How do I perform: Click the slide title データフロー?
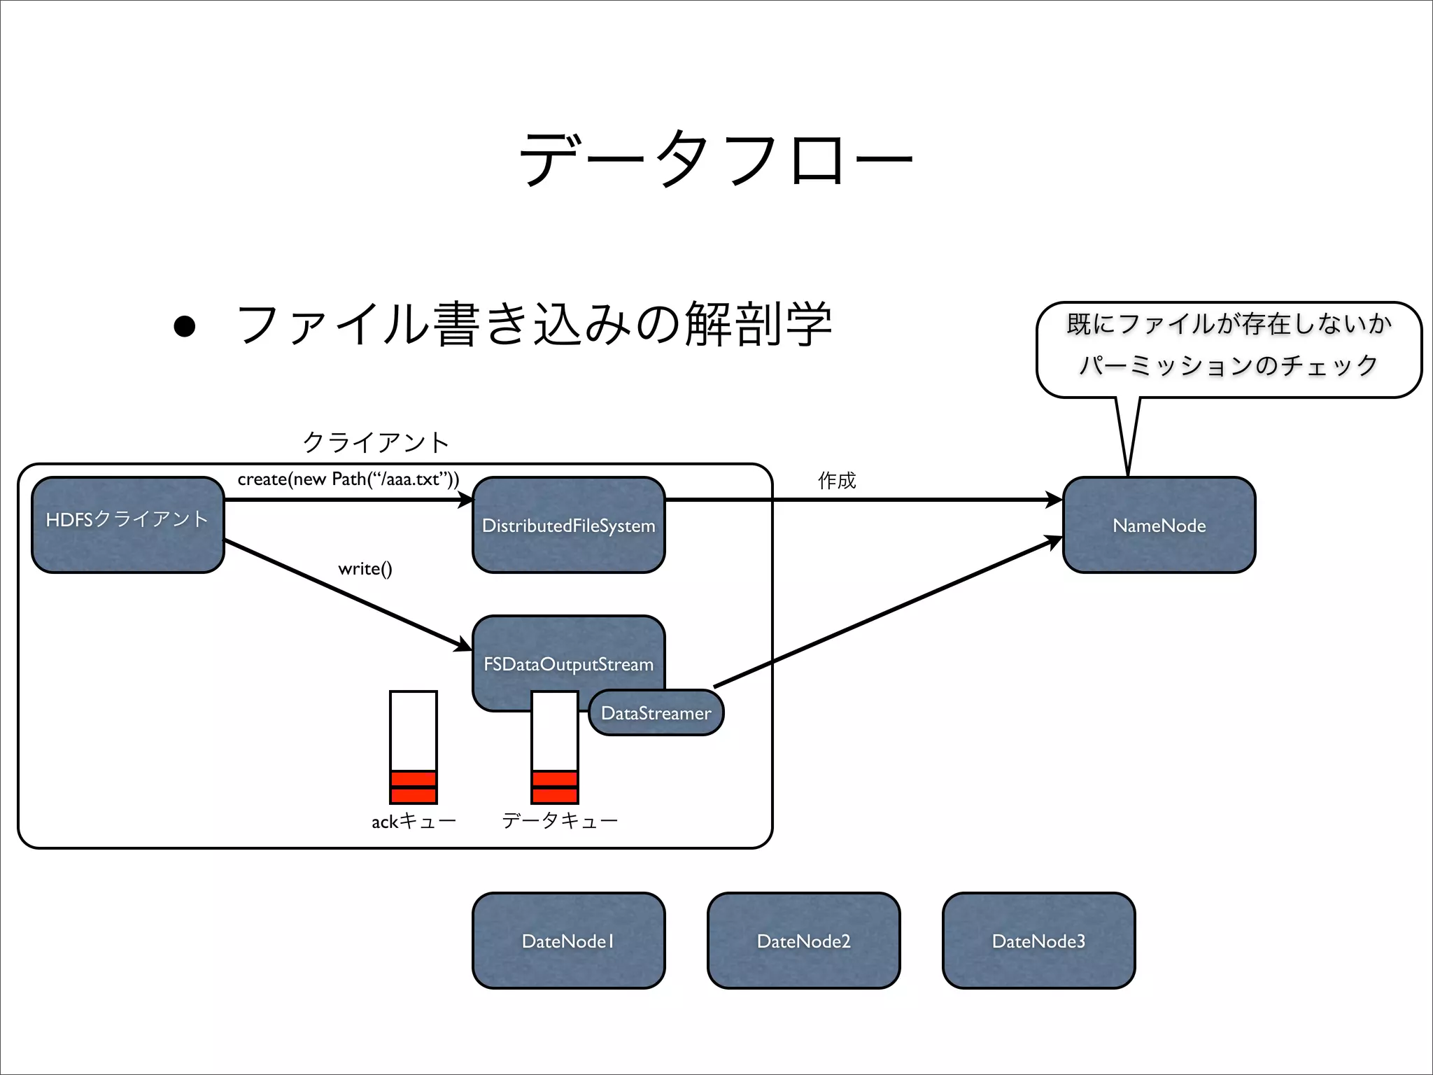tap(715, 159)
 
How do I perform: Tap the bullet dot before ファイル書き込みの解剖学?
tap(185, 326)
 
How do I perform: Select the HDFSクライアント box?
tap(127, 525)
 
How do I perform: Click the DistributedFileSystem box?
tap(568, 526)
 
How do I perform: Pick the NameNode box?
tap(1159, 526)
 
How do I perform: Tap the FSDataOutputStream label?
tap(568, 663)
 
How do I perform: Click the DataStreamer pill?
tap(656, 713)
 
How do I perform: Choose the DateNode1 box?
tap(568, 941)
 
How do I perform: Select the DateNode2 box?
tap(803, 941)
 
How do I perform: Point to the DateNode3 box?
tap(1038, 941)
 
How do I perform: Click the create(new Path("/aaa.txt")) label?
tap(348, 479)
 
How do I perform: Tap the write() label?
tap(365, 568)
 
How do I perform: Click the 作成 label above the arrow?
tap(836, 480)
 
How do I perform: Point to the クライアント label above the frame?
tap(376, 442)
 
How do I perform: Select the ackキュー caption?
tap(414, 821)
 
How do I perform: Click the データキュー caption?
tap(560, 820)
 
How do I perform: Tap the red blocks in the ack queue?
tap(414, 787)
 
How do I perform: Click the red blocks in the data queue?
tap(555, 787)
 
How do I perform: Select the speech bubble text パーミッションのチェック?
tap(1229, 365)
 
